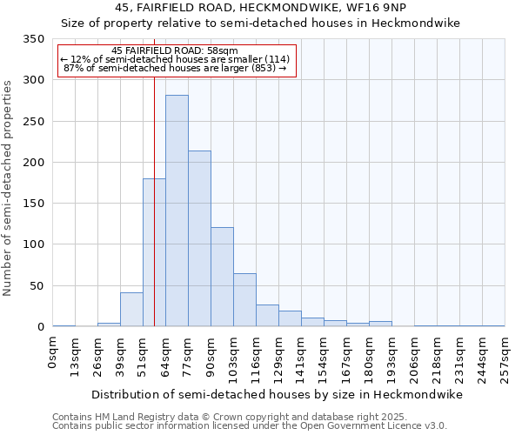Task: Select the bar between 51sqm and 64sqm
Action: click(x=154, y=252)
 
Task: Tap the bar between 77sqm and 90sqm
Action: click(x=199, y=238)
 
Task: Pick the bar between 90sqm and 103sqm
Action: click(x=222, y=277)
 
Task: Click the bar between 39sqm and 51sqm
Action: click(x=131, y=310)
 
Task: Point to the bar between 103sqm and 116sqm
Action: click(x=244, y=300)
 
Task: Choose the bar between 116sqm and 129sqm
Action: click(x=267, y=316)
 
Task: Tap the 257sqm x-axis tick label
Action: click(x=505, y=356)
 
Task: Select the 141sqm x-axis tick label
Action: click(x=302, y=356)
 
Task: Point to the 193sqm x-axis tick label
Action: click(x=392, y=356)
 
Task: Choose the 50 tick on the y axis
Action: click(x=36, y=286)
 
